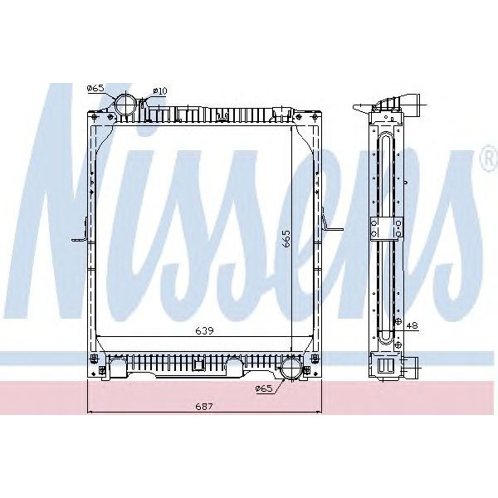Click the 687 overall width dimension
click(205, 406)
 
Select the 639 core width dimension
click(205, 330)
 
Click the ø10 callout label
click(160, 90)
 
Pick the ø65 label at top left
click(95, 87)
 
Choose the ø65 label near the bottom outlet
click(264, 388)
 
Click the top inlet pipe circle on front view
click(126, 105)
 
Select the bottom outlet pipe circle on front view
click(291, 369)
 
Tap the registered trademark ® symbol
click(487, 159)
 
